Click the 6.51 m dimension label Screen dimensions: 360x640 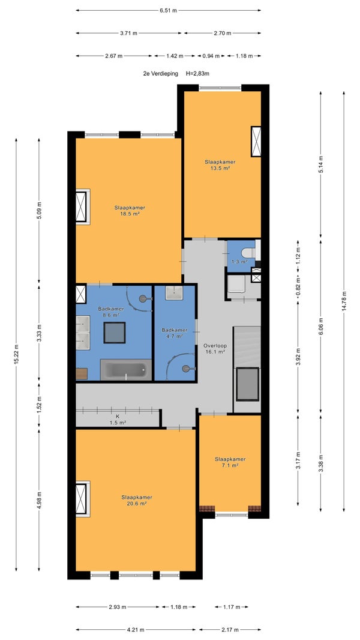168,11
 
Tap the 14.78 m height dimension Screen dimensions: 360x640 344,302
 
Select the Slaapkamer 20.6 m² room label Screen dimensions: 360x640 137,500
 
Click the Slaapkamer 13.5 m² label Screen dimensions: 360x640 220,165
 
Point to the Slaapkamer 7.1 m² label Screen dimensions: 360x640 230,462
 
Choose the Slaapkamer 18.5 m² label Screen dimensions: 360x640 130,210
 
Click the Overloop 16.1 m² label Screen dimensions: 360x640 214,348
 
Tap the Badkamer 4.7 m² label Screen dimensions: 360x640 175,333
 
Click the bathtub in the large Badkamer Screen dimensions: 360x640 126,370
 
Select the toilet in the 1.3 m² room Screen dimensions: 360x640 248,252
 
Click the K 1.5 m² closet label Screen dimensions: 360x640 118,420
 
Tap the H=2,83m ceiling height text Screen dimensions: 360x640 198,74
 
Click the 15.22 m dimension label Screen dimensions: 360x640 16,354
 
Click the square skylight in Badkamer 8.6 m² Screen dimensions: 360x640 115,333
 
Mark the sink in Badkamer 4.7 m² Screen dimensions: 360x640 174,292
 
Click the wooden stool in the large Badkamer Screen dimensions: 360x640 82,374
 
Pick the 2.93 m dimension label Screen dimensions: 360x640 117,607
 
